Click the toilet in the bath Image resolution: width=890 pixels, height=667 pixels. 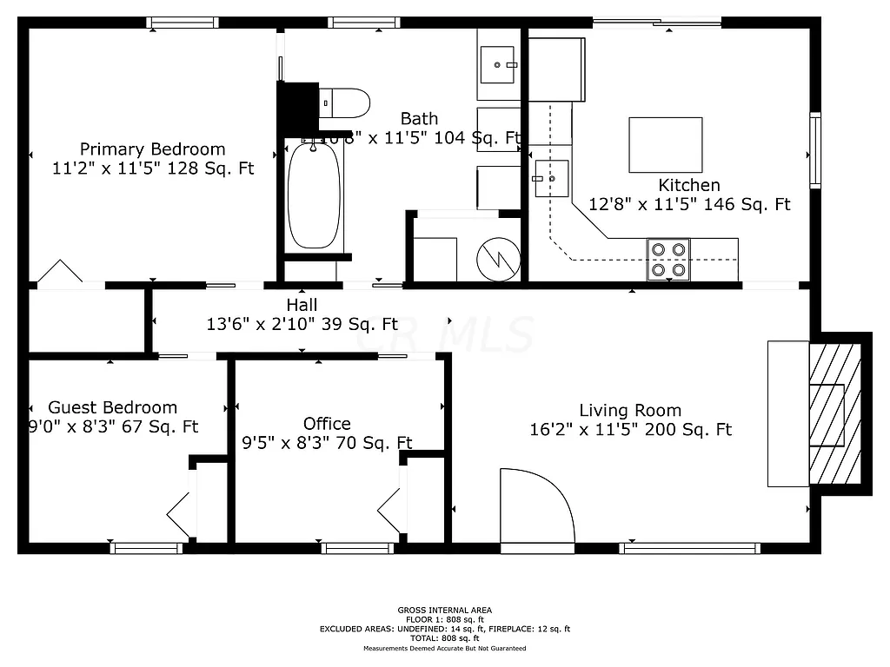(344, 102)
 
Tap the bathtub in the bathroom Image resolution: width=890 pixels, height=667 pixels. (314, 195)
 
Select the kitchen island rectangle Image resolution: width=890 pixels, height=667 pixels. (665, 145)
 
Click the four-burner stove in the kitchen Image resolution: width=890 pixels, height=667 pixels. (668, 259)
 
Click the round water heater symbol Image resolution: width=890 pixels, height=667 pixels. (497, 258)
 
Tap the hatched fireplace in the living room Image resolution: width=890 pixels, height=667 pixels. (834, 413)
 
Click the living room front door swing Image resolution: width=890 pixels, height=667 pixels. (536, 508)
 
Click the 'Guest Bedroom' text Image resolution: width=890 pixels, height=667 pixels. (112, 407)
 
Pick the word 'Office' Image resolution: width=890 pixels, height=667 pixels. (327, 424)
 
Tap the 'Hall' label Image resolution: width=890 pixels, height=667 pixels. (302, 305)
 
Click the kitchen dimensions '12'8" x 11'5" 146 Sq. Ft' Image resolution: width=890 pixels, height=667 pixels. (689, 205)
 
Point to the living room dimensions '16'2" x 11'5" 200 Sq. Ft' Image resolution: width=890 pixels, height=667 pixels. (630, 430)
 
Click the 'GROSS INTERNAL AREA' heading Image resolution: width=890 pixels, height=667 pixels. (444, 610)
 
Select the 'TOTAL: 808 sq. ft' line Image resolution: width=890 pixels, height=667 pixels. (444, 638)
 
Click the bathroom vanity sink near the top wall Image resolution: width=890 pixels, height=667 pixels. (500, 65)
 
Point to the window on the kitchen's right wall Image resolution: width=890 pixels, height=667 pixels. (815, 149)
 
